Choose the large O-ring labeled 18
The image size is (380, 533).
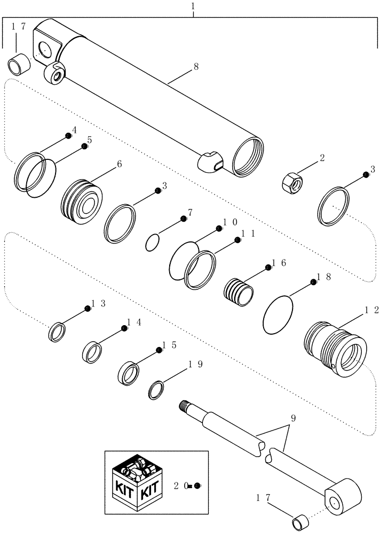click(x=279, y=315)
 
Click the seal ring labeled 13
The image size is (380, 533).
click(x=57, y=332)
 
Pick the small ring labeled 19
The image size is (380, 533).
click(x=156, y=390)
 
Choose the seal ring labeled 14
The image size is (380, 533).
click(x=93, y=352)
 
